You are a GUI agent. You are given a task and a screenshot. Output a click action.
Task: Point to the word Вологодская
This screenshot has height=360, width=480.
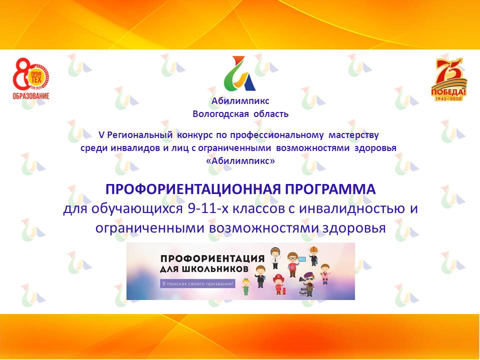[221, 113]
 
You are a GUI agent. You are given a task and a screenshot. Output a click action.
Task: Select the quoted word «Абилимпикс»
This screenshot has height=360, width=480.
[240, 161]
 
